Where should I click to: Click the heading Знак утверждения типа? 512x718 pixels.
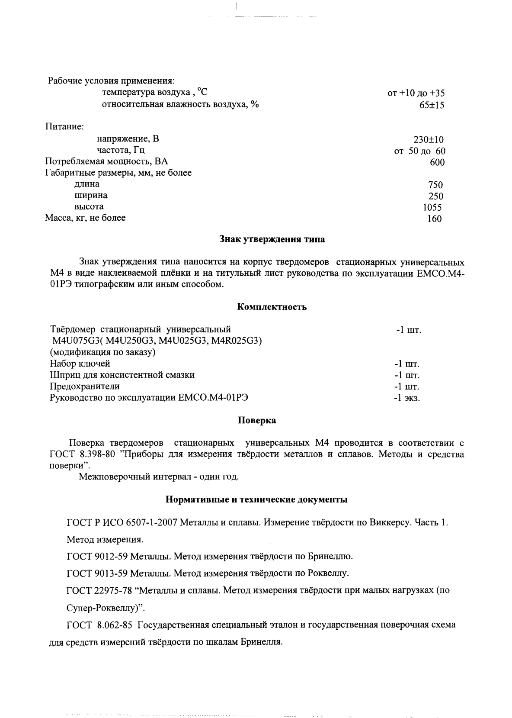[x=272, y=239]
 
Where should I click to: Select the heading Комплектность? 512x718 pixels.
[x=272, y=307]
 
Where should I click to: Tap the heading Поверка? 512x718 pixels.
[x=257, y=420]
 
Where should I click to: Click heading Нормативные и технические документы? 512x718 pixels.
[x=257, y=499]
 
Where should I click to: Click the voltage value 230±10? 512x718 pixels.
[x=429, y=140]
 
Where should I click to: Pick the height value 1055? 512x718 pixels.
[x=432, y=207]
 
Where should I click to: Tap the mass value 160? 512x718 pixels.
[x=434, y=219]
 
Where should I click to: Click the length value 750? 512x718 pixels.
[x=435, y=185]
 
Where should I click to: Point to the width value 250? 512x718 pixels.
[x=435, y=196]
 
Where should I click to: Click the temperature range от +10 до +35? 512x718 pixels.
[x=416, y=93]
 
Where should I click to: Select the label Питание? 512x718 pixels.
[x=64, y=127]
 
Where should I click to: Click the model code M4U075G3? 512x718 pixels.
[x=75, y=341]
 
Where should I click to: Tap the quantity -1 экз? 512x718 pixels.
[x=406, y=398]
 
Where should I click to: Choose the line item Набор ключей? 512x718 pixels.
[x=80, y=364]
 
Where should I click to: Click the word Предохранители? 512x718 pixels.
[x=85, y=386]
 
